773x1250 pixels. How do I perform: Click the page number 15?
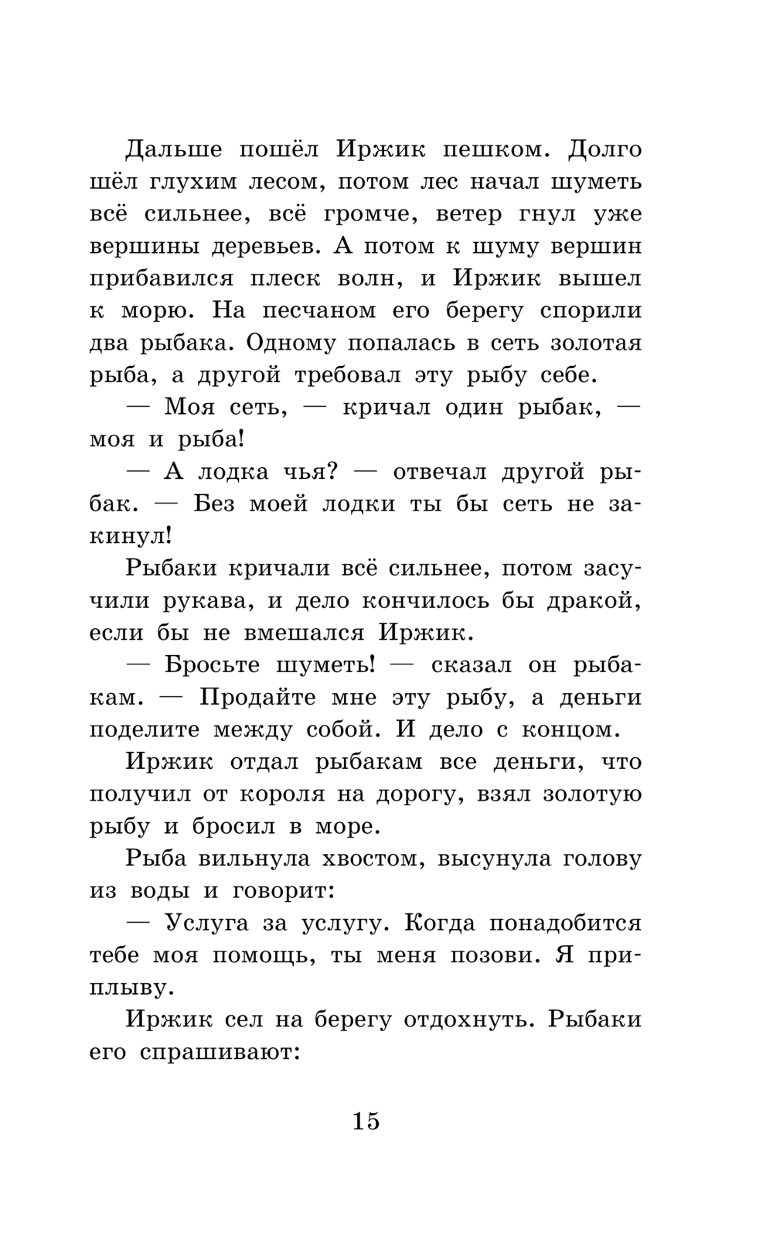pos(366,1120)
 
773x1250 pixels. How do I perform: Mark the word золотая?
pos(595,343)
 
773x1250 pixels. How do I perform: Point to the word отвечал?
pos(441,472)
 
